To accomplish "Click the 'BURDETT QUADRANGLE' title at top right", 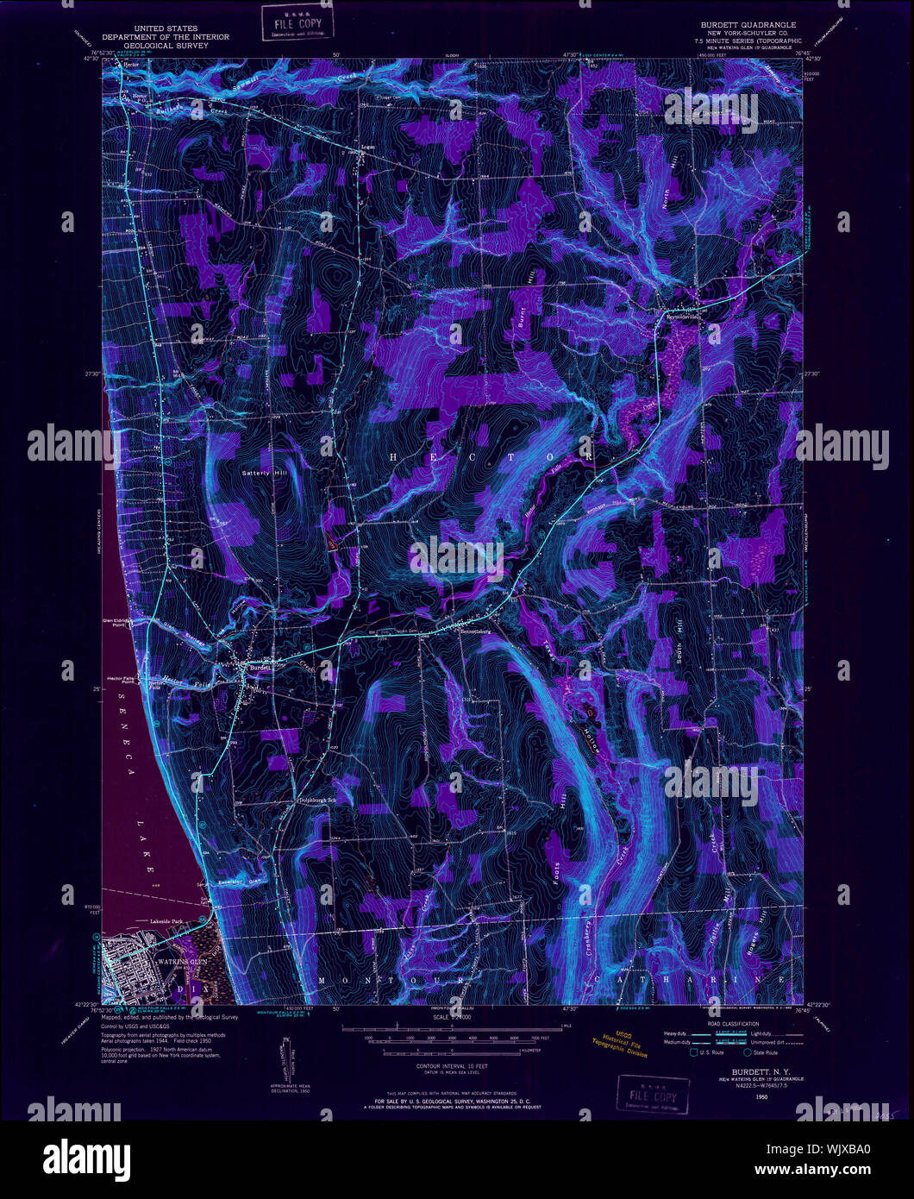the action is point(750,25).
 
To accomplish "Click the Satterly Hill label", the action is point(268,473).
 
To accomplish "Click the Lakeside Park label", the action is point(169,921).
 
